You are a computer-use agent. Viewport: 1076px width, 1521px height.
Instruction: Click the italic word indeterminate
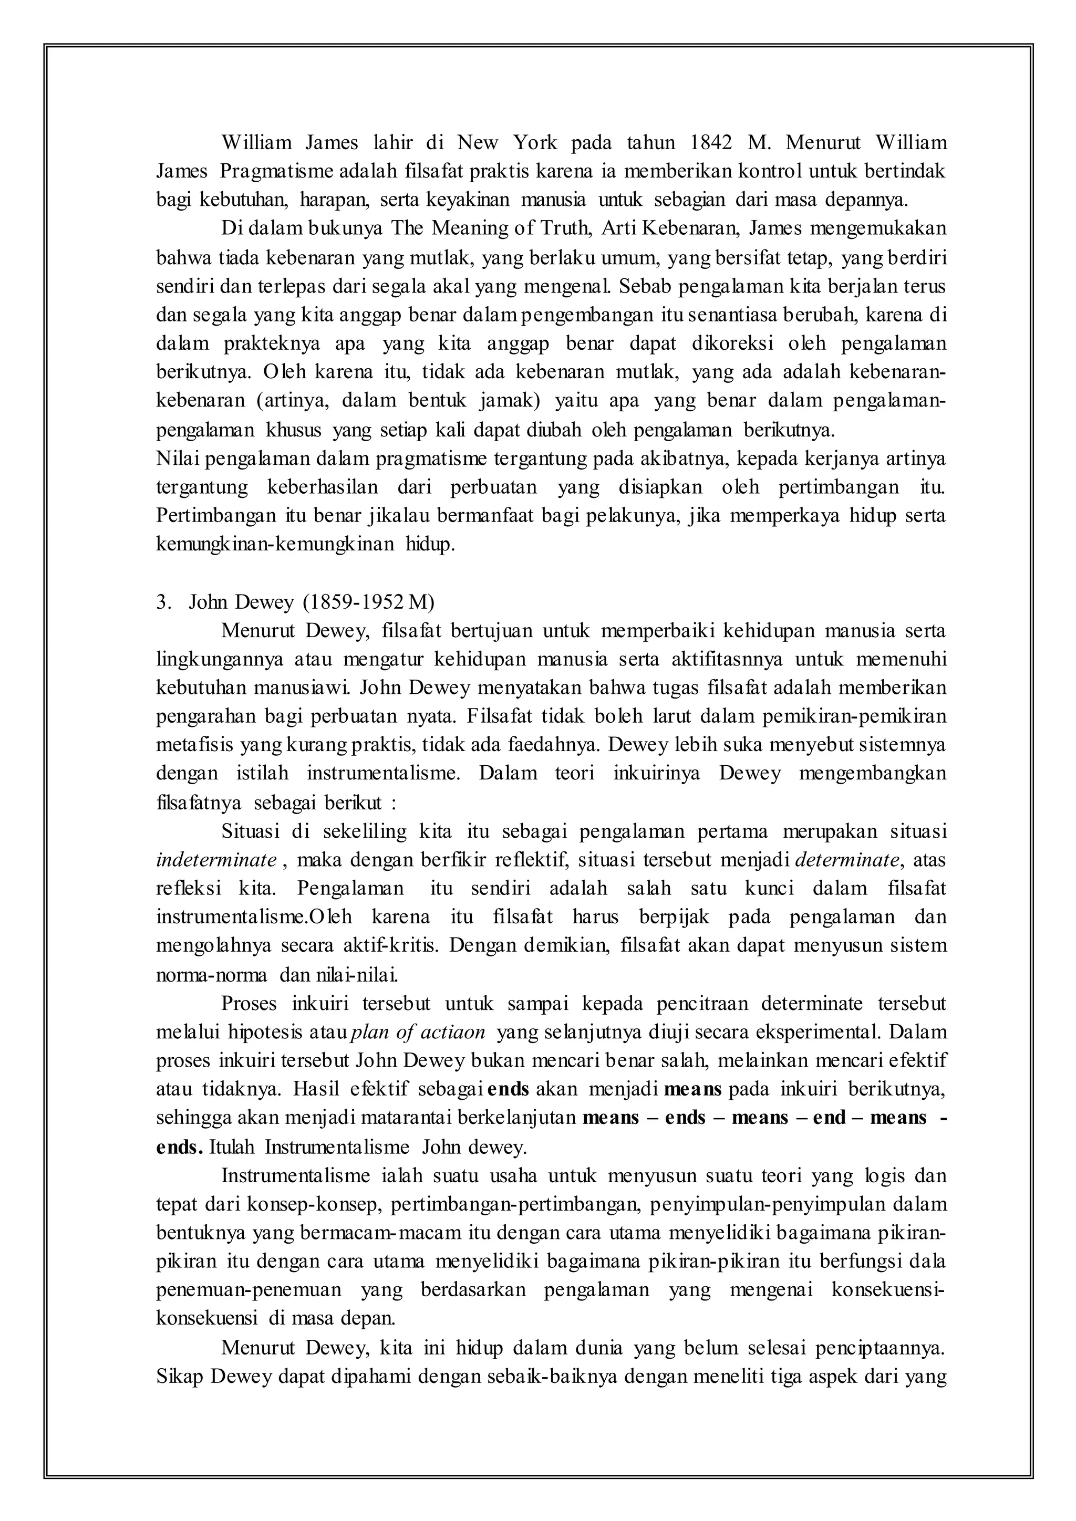coord(216,860)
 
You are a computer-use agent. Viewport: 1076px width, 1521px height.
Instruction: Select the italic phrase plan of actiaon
coord(420,1032)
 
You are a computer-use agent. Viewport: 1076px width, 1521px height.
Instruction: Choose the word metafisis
coord(194,745)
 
